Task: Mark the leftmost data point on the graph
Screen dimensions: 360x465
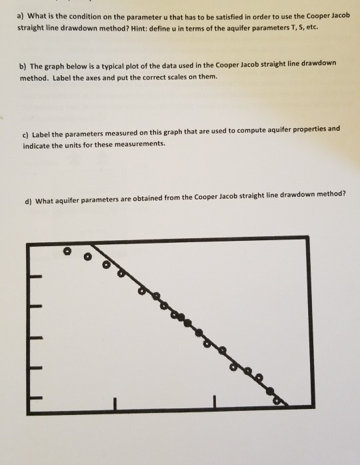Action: pyautogui.click(x=66, y=252)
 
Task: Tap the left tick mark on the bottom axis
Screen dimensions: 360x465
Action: pyautogui.click(x=114, y=402)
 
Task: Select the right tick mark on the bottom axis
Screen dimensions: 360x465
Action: pyautogui.click(x=215, y=402)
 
